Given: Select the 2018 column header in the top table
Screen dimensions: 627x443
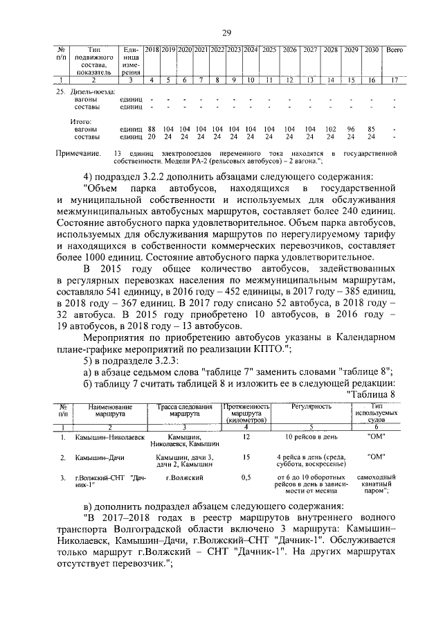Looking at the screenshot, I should pyautogui.click(x=152, y=51).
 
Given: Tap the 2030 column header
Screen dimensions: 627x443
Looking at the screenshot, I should pyautogui.click(x=371, y=51).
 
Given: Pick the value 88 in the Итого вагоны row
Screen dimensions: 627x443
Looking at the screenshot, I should pyautogui.click(x=152, y=129).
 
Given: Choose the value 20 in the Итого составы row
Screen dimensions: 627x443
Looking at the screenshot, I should pyautogui.click(x=152, y=136).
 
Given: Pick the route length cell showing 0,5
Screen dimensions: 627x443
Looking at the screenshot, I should pyautogui.click(x=245, y=478).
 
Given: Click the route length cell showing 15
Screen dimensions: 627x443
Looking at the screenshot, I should pyautogui.click(x=245, y=458).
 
